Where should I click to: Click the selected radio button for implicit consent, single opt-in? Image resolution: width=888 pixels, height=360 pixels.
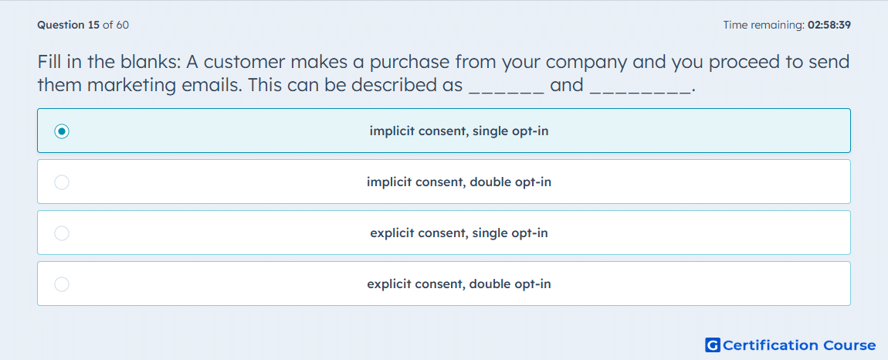[x=62, y=131]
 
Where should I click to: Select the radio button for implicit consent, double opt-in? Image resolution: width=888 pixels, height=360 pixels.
[x=62, y=182]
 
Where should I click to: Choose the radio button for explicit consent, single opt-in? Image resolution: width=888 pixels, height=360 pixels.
[x=62, y=233]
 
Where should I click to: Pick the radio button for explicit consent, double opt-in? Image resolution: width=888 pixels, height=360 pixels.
[x=62, y=284]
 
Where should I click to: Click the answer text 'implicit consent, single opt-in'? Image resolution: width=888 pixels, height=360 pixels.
[x=459, y=131]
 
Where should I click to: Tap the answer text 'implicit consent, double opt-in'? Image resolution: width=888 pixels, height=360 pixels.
[x=459, y=182]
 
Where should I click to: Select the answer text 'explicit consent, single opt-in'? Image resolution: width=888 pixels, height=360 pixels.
[x=459, y=233]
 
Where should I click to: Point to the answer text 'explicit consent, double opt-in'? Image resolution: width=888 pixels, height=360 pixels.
[x=459, y=284]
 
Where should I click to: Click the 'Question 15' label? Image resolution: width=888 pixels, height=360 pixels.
[x=69, y=25]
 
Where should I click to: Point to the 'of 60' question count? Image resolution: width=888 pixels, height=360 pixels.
[x=116, y=25]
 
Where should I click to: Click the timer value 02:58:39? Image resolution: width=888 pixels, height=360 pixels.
[x=829, y=25]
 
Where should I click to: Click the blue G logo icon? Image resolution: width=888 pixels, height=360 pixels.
[x=713, y=345]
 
